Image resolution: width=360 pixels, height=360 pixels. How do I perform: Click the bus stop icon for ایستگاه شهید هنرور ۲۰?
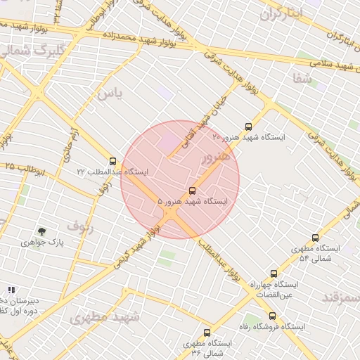point(248,127)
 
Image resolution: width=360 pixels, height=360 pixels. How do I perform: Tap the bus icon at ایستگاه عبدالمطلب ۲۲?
point(113,162)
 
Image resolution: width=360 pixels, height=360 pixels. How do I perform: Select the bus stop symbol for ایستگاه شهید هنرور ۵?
point(193,191)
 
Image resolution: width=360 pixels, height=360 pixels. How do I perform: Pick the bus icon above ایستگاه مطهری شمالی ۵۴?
point(315,238)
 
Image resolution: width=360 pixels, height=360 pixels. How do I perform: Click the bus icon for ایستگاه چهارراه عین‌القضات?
point(274,274)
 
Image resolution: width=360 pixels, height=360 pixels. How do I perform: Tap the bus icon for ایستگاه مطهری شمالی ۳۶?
point(207,333)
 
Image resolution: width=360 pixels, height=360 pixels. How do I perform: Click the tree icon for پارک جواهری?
point(42,231)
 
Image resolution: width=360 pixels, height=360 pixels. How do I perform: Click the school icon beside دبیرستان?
point(11,290)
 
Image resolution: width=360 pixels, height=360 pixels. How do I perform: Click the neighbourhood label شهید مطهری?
point(105,318)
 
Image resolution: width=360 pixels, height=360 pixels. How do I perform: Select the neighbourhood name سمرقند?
point(340,298)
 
